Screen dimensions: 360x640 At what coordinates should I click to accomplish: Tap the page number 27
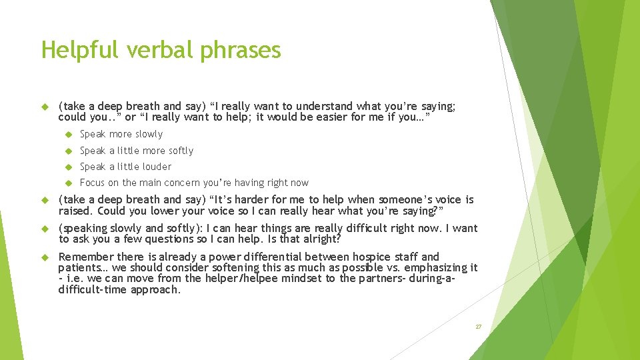point(478,327)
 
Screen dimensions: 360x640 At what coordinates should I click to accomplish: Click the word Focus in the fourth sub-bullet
point(91,183)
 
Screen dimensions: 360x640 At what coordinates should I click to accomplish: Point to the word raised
point(75,211)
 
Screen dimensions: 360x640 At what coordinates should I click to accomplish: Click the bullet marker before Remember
point(45,257)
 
